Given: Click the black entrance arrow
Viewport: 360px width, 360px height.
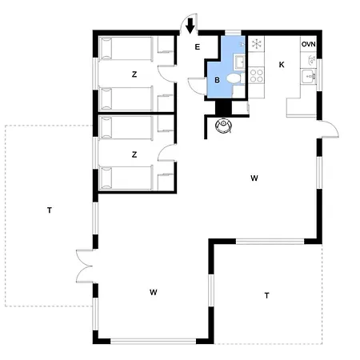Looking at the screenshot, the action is click(190, 26).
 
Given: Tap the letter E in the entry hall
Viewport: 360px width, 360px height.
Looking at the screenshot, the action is click(198, 47).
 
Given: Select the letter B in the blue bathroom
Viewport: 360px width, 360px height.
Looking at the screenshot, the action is click(217, 80).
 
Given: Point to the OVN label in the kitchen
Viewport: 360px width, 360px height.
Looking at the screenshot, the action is click(309, 44).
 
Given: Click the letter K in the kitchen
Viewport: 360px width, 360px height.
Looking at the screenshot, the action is click(282, 65).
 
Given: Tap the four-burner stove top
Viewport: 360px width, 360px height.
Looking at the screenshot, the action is click(257, 75).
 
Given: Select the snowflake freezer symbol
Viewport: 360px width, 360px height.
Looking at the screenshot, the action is click(257, 44).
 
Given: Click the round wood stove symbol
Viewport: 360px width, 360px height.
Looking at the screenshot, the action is click(223, 125).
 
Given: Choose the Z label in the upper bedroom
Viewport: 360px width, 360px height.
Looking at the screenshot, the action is click(134, 74).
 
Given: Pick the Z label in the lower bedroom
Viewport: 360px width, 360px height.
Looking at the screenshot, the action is click(134, 154).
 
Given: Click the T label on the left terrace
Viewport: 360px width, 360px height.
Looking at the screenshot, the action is click(50, 210).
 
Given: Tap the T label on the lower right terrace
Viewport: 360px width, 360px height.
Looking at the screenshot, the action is click(266, 295).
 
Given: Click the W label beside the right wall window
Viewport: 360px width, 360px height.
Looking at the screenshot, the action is click(254, 178).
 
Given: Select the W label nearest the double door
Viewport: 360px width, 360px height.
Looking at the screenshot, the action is click(154, 292).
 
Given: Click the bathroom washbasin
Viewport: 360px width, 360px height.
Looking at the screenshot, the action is click(239, 62).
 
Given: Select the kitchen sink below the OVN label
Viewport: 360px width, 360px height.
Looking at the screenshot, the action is click(309, 77).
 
